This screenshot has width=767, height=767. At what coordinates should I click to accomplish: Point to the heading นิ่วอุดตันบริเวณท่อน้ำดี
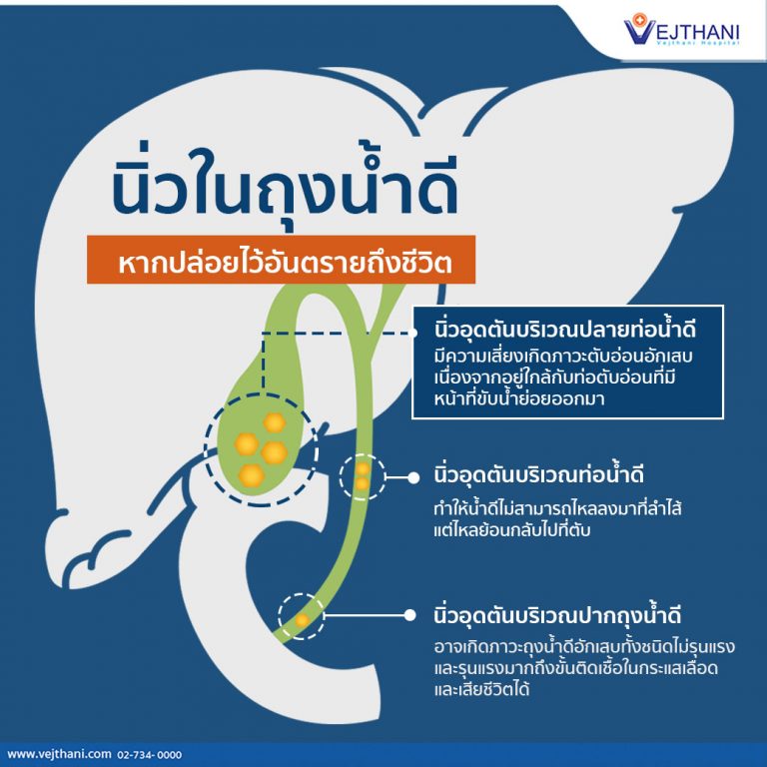click(538, 474)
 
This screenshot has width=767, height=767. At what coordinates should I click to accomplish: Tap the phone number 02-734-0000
click(150, 753)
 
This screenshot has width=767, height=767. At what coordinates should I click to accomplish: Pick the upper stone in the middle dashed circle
click(363, 467)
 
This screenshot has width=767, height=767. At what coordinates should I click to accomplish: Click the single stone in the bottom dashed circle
click(301, 619)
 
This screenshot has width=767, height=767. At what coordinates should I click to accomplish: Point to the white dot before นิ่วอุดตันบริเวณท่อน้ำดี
click(411, 477)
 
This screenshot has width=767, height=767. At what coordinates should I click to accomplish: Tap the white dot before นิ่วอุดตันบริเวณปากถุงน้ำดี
click(411, 615)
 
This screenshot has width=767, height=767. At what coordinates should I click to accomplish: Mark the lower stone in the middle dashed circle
click(362, 483)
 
